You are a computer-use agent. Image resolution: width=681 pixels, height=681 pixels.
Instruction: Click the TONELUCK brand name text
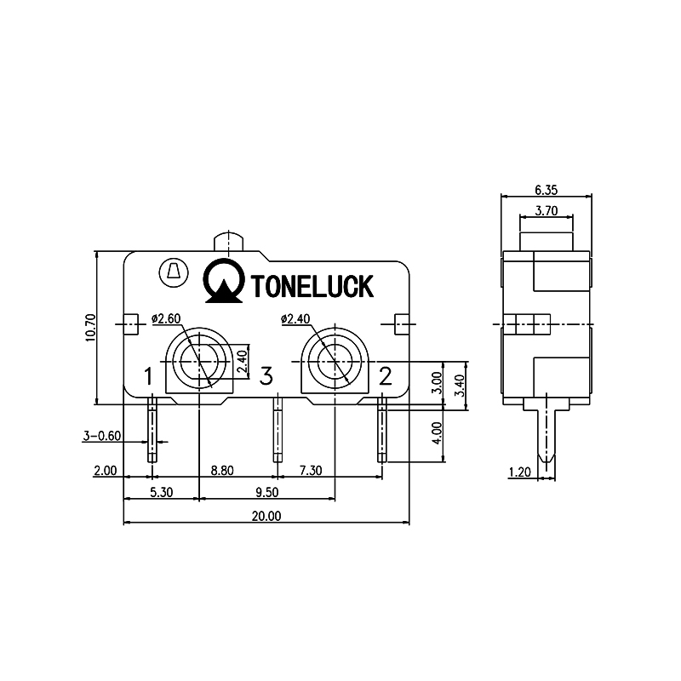pos(312,287)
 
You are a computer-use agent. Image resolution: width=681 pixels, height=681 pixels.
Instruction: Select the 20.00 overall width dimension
pos(266,516)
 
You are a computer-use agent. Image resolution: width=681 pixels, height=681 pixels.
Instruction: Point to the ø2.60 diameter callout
pos(166,319)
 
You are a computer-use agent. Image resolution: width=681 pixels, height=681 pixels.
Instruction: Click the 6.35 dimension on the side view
pos(546,189)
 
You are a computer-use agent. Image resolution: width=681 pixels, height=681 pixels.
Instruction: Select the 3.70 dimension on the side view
pos(546,210)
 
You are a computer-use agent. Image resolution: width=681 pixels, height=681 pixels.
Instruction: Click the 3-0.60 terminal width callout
pos(102,436)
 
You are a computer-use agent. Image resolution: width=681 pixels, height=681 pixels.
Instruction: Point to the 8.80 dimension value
pos(223,470)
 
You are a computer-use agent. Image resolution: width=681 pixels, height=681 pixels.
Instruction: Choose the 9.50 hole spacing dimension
pos(266,492)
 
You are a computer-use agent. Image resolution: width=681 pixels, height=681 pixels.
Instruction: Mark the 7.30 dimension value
pos(309,470)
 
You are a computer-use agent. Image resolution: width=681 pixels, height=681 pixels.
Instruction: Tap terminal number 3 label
pos(266,375)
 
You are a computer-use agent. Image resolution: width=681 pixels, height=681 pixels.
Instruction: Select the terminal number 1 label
pos(148,375)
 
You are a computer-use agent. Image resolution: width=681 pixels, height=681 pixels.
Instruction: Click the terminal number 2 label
pos(385,375)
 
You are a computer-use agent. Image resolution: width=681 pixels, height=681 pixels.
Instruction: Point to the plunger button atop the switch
pos(231,240)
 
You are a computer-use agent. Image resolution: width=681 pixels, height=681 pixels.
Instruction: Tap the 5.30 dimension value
pos(163,492)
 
